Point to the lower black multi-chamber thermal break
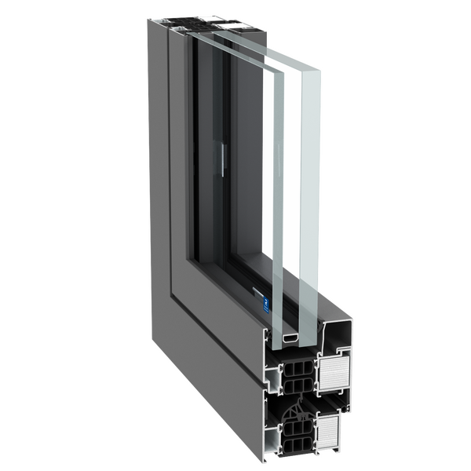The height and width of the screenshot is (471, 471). coord(293,433)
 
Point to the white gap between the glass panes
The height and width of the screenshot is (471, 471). coord(294,196)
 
